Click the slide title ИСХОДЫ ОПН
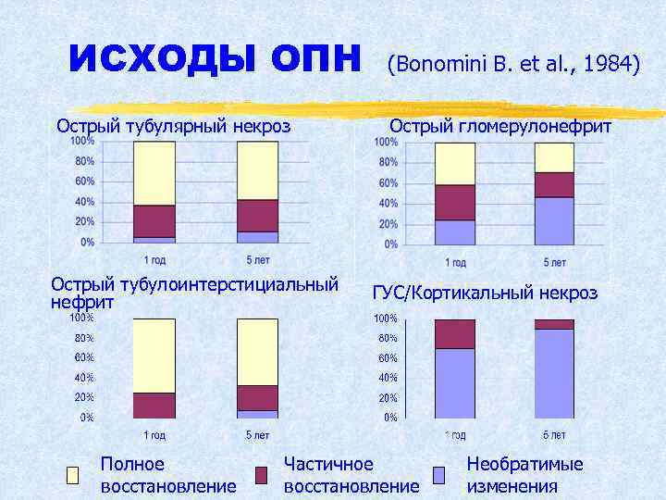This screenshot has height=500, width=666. coord(216,61)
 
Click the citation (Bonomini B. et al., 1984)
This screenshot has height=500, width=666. coord(513,64)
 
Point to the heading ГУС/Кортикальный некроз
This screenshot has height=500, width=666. coord(485,293)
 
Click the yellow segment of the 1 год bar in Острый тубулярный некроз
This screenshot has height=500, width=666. coord(154,173)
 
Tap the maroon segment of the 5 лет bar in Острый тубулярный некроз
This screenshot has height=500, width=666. coord(257,215)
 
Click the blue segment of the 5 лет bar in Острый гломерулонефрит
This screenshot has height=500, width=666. coord(554,220)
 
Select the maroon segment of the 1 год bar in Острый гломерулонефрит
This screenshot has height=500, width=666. coord(454,202)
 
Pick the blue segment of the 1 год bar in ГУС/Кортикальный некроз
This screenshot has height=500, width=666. coord(454,382)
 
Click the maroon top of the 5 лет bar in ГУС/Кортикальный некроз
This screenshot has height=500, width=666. coord(554,324)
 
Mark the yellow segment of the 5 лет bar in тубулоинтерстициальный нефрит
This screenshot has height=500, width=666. coord(257,352)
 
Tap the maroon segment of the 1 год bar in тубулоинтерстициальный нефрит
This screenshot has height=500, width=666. coord(154,406)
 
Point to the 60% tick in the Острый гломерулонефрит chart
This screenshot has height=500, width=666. coord(387,182)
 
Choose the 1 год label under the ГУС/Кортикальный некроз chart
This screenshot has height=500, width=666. coord(454,435)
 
